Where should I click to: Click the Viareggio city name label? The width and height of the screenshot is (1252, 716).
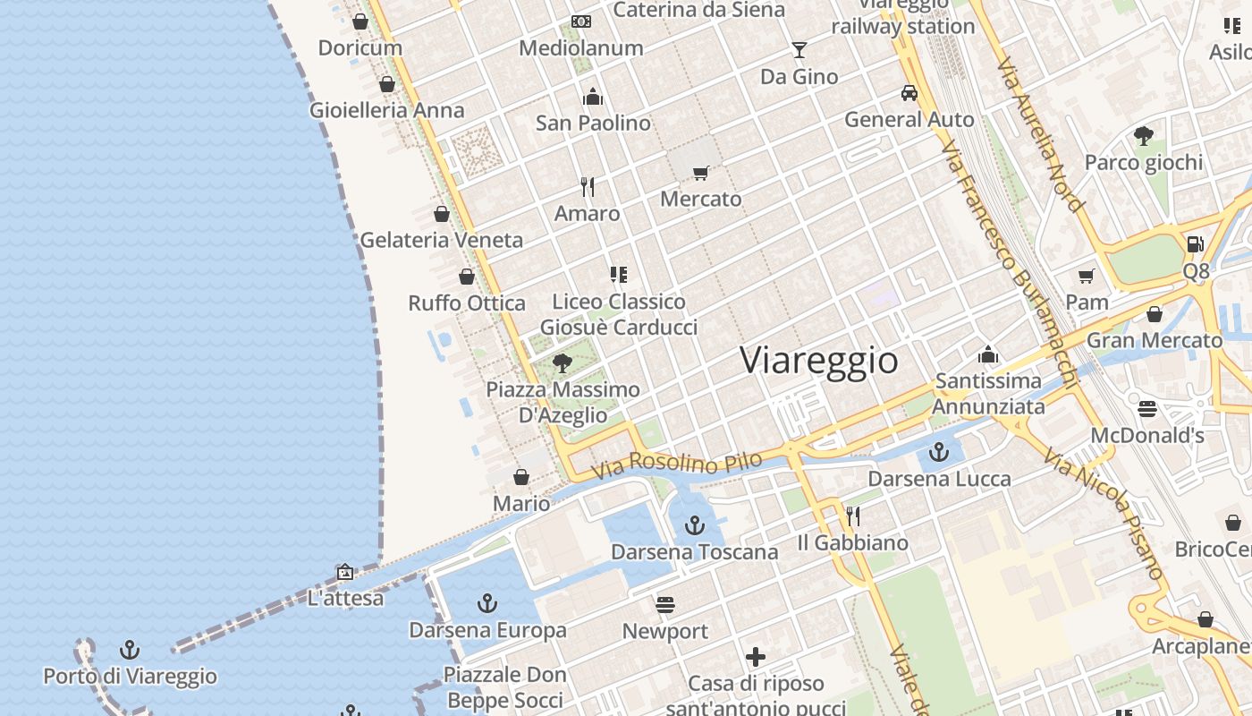819,360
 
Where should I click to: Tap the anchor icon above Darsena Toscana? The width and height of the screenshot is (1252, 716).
695,525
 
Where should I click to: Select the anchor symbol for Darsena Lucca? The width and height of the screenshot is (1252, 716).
939,452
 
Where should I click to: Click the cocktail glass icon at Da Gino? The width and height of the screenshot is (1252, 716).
799,50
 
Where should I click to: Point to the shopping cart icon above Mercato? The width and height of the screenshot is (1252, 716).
700,173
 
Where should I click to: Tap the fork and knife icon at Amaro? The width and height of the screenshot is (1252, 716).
588,187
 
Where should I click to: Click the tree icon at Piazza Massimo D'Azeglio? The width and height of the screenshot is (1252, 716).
563,362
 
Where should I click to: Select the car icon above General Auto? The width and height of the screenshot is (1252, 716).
909,93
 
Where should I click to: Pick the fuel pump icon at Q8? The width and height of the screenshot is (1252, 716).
1195,244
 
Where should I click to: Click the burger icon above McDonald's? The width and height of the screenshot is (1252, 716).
1147,409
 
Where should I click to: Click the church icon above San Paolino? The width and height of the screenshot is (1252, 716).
593,97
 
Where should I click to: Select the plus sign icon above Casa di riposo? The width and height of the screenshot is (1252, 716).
756,658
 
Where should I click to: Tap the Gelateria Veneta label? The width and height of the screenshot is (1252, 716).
441,240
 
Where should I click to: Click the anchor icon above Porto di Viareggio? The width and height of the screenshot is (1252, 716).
131,650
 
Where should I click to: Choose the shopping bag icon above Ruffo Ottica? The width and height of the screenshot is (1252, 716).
466,277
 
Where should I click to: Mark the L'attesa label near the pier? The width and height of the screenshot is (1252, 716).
345,598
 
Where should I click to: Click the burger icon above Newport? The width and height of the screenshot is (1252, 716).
665,605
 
